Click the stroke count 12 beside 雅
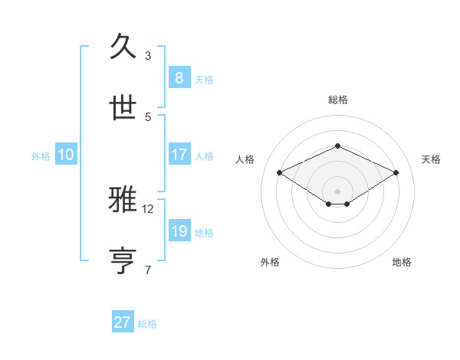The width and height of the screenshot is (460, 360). (148, 208)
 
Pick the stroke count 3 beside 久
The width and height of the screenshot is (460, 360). (148, 55)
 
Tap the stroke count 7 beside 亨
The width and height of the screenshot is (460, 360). (148, 270)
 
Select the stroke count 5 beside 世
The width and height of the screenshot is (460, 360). (148, 116)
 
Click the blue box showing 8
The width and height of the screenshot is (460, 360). (179, 78)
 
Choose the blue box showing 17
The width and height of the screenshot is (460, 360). (179, 155)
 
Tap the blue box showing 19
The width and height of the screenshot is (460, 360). (179, 231)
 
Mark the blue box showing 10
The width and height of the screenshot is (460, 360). (66, 155)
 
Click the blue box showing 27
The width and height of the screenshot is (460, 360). (123, 322)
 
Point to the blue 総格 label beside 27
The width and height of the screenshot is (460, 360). (147, 324)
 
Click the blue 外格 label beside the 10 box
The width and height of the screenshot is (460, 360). (41, 155)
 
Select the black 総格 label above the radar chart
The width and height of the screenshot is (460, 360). (337, 100)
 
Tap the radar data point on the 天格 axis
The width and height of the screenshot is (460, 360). (396, 172)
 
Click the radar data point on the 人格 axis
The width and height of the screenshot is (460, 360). (279, 172)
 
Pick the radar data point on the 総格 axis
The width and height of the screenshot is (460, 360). (337, 146)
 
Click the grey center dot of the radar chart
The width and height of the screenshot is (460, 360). (337, 191)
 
